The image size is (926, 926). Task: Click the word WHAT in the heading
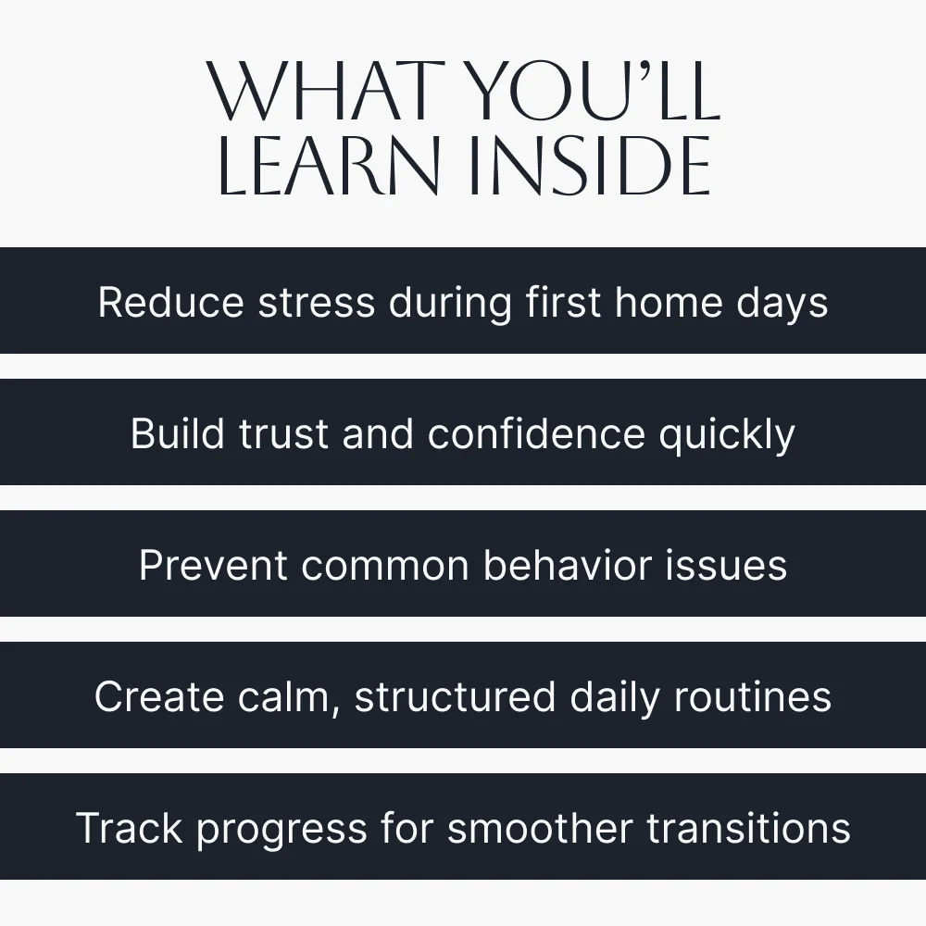pos(326,92)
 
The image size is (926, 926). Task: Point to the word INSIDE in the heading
pos(591,166)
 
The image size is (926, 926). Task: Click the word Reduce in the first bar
pos(170,303)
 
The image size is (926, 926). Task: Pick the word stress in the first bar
pos(317,304)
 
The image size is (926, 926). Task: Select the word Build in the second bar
pos(178,433)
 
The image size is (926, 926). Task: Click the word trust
pos(283,434)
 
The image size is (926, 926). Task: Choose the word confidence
pos(536,433)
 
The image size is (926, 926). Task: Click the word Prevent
pos(213,566)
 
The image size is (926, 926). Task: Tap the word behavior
pos(568,565)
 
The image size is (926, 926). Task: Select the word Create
pos(159,697)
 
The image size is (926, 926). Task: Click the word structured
pos(456,697)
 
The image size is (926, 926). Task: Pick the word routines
pos(752,697)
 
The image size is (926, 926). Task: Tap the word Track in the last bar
pos(130,828)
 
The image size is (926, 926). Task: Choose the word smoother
pos(541,828)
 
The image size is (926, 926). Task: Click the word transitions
pos(749,828)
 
